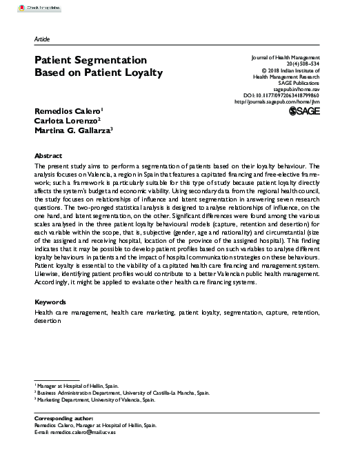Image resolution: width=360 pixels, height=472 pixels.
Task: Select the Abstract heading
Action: pos(48,156)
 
